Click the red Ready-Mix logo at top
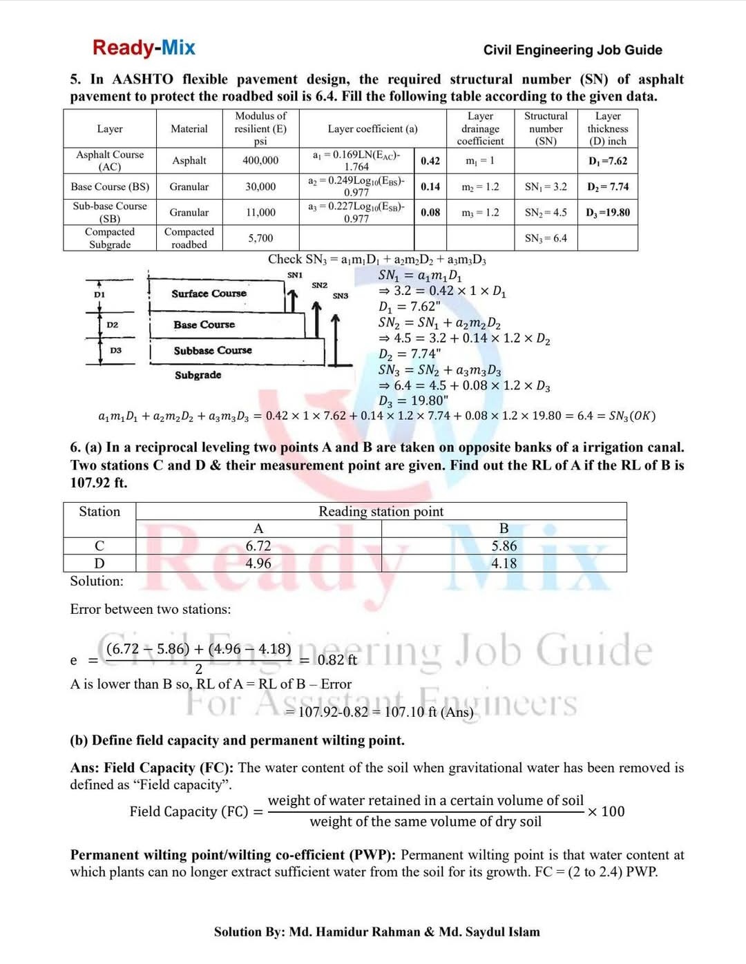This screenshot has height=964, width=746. pyautogui.click(x=144, y=48)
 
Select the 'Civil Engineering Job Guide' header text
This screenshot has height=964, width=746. pyautogui.click(x=572, y=50)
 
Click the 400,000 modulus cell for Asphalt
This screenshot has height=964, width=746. pyautogui.click(x=260, y=160)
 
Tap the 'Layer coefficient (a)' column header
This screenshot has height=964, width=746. pyautogui.click(x=372, y=128)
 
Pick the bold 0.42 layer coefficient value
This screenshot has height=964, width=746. pyautogui.click(x=430, y=161)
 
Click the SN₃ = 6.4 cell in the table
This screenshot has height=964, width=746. pyautogui.click(x=546, y=238)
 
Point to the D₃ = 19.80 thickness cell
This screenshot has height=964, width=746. pyautogui.click(x=608, y=213)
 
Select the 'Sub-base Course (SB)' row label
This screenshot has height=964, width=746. pyautogui.click(x=110, y=212)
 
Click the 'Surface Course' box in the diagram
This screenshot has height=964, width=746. pyautogui.click(x=209, y=293)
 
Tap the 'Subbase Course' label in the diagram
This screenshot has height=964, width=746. pyautogui.click(x=213, y=351)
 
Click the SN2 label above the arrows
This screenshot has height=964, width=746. pyautogui.click(x=319, y=285)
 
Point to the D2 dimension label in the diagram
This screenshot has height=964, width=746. pyautogui.click(x=112, y=325)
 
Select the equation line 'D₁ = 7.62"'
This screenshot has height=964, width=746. pyautogui.click(x=409, y=307)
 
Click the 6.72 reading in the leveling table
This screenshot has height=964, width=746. pyautogui.click(x=258, y=546)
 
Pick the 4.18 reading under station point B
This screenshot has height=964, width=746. pyautogui.click(x=504, y=563)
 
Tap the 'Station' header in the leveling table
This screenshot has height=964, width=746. pyautogui.click(x=99, y=512)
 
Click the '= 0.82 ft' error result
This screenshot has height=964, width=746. pyautogui.click(x=329, y=660)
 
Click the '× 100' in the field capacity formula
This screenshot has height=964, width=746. pyautogui.click(x=606, y=811)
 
